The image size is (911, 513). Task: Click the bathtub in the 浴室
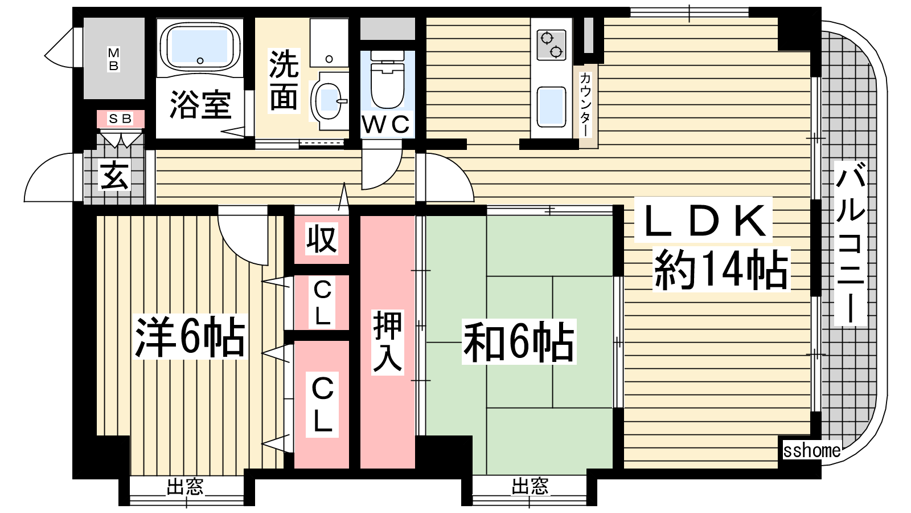200,48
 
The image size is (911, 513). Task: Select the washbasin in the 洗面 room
329,101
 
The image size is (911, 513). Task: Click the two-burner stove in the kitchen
551,45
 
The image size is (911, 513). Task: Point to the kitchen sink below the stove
551,107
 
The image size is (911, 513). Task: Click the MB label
113,59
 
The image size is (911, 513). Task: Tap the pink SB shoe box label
120,119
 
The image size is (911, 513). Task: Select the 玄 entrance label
115,176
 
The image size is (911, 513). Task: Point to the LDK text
703,220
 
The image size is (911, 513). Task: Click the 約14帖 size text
721,270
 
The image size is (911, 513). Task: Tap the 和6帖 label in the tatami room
519,341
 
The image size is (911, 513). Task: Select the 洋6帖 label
190,337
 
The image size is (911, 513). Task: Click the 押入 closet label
388,342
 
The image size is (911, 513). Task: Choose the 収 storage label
322,239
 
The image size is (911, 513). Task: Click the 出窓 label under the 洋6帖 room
185,487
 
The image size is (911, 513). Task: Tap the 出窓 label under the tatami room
530,486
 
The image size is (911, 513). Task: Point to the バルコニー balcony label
850,243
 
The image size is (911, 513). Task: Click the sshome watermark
812,451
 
